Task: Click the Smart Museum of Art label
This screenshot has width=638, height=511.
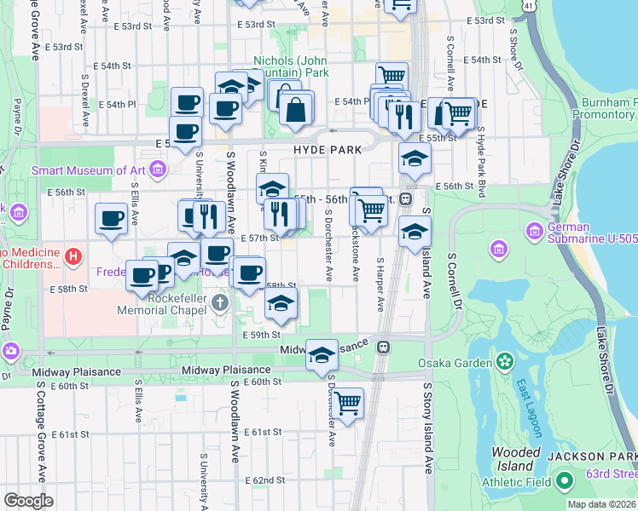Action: [89, 170]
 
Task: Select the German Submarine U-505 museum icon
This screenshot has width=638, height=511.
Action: [534, 231]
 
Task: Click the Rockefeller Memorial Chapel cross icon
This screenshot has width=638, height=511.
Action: [220, 303]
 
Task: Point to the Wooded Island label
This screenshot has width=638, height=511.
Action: [515, 459]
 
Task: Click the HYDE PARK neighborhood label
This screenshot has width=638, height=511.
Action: [328, 149]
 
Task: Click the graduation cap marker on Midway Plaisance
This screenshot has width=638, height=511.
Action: [322, 354]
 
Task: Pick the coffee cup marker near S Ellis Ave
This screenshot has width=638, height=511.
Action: [111, 218]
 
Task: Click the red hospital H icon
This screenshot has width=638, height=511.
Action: [75, 255]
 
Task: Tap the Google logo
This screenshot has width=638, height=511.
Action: [28, 500]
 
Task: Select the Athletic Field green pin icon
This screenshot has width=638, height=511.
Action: [564, 483]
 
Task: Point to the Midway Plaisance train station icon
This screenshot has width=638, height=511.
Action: [385, 347]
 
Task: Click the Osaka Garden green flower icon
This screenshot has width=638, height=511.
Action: [505, 363]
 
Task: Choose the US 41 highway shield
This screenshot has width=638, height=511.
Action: [530, 6]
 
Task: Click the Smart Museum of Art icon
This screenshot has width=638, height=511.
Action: [157, 170]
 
